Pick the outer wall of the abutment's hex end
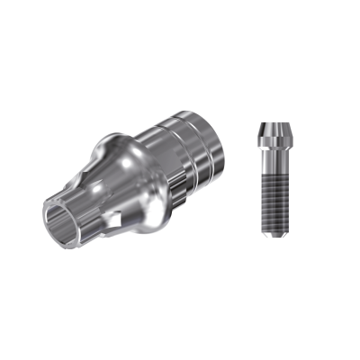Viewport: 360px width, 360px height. [x=85, y=216]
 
